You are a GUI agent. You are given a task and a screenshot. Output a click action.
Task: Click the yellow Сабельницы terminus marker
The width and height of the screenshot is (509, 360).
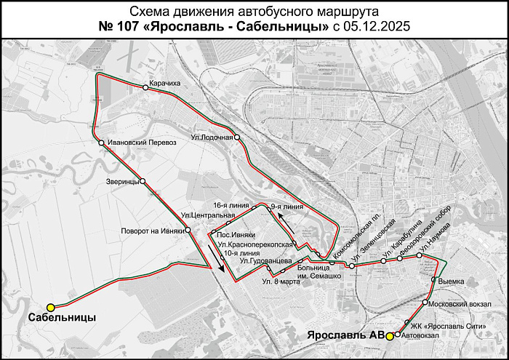point(51,308)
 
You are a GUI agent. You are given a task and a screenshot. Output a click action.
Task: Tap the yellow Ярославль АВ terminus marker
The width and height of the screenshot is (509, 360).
point(390,336)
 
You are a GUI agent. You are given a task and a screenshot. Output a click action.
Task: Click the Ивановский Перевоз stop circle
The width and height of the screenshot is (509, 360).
point(102,143)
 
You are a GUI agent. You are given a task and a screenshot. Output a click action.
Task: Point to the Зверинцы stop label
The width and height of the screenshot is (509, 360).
point(122,181)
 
